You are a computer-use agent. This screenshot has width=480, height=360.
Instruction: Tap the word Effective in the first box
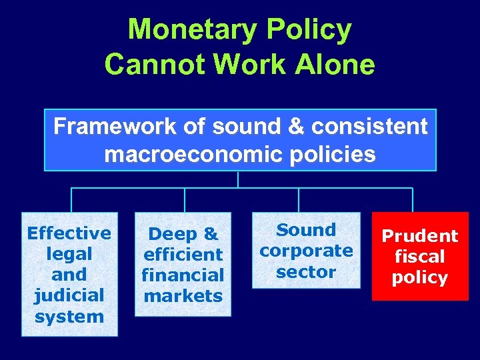[x=69, y=233]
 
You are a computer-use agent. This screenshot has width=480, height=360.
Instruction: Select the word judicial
[x=69, y=295]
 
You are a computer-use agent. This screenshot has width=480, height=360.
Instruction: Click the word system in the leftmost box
[x=69, y=316]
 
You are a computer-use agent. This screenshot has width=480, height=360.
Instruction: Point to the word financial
[x=183, y=275]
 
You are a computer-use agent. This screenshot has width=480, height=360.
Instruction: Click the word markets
[x=183, y=295]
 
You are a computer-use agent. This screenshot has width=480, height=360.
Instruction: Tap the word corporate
[x=306, y=251]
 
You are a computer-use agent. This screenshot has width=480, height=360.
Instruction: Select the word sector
[x=306, y=271]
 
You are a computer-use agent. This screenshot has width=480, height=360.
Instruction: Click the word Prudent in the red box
[x=419, y=236]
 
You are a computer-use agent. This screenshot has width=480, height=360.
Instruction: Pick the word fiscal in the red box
[x=419, y=257]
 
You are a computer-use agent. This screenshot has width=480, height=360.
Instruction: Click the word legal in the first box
[x=69, y=254]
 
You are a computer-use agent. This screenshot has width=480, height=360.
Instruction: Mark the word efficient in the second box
[x=183, y=254]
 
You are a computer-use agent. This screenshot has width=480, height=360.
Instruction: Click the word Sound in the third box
[x=306, y=230]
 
